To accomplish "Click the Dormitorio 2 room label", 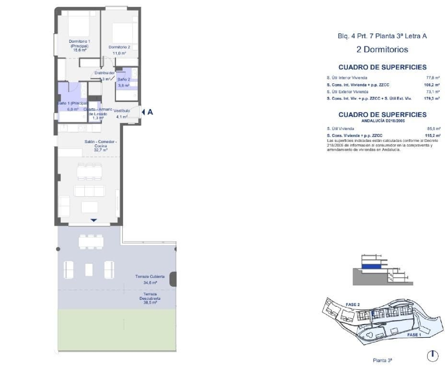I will [119, 47].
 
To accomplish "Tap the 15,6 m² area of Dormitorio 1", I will [80, 50].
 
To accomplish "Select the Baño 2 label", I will [124, 79].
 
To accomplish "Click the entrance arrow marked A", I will [147, 112].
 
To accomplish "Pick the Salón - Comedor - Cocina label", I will [101, 144].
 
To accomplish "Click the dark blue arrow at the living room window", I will [94, 220].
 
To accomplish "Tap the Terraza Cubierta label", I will [150, 276].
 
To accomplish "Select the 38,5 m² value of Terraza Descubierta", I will [150, 302].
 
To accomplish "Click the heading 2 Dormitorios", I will [382, 50].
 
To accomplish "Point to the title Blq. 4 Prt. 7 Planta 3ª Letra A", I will [382, 36].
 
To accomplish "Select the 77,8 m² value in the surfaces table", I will [433, 78].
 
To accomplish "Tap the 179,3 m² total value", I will [432, 99].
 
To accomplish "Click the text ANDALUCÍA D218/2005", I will [383, 121].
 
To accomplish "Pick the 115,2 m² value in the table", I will [432, 136].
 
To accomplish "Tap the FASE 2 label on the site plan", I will [352, 305].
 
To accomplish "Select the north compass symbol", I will [432, 356].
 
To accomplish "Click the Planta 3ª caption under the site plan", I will [382, 360].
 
